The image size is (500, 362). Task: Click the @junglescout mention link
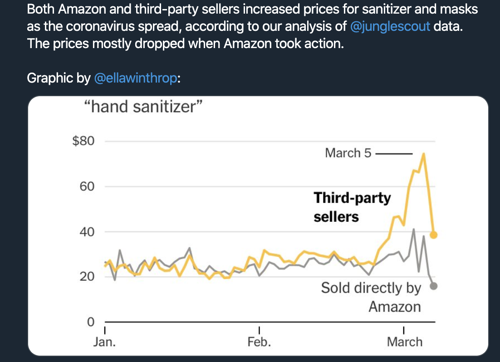390,26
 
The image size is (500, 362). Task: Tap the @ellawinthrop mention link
136,78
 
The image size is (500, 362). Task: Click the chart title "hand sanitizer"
143,107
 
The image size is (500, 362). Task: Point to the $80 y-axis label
83,141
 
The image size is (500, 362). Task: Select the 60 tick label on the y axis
87,186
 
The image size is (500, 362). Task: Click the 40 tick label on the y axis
87,232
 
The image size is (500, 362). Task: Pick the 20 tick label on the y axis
87,277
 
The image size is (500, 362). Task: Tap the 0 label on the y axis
91,322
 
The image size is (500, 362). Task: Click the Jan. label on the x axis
105,342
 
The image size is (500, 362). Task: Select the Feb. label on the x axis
259,342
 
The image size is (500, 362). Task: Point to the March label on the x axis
405,342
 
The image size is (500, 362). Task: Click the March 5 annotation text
348,153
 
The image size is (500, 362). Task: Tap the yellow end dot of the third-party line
434,235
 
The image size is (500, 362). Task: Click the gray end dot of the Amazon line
434,286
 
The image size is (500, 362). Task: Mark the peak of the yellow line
423,154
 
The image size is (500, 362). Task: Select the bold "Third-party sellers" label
353,207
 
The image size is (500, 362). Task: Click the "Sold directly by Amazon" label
371,297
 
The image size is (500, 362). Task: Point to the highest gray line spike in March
414,229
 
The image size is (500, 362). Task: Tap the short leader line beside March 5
394,154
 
